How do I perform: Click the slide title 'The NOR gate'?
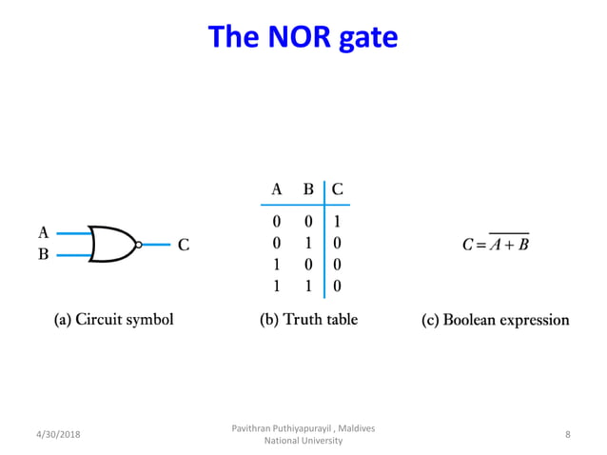pos(303,37)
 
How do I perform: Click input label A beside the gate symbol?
pos(43,232)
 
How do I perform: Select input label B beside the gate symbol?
pos(43,255)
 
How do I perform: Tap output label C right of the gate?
pos(184,245)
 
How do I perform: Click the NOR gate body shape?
pos(111,245)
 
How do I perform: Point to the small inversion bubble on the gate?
pos(138,245)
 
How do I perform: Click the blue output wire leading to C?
pos(157,245)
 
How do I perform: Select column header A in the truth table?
pos(277,189)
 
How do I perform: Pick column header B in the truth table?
pos(308,189)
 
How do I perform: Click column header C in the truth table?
pos(338,189)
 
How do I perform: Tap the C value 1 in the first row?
pos(338,222)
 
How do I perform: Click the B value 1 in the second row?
pos(308,243)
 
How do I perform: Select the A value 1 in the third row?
pos(277,264)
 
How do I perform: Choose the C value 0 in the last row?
pos(338,285)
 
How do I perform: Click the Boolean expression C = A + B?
pos(496,245)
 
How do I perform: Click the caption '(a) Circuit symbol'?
pos(113,320)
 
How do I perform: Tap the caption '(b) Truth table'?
pos(308,320)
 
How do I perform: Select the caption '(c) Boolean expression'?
pos(495,320)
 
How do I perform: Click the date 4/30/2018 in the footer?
pos(59,434)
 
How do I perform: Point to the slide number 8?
pos(568,434)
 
